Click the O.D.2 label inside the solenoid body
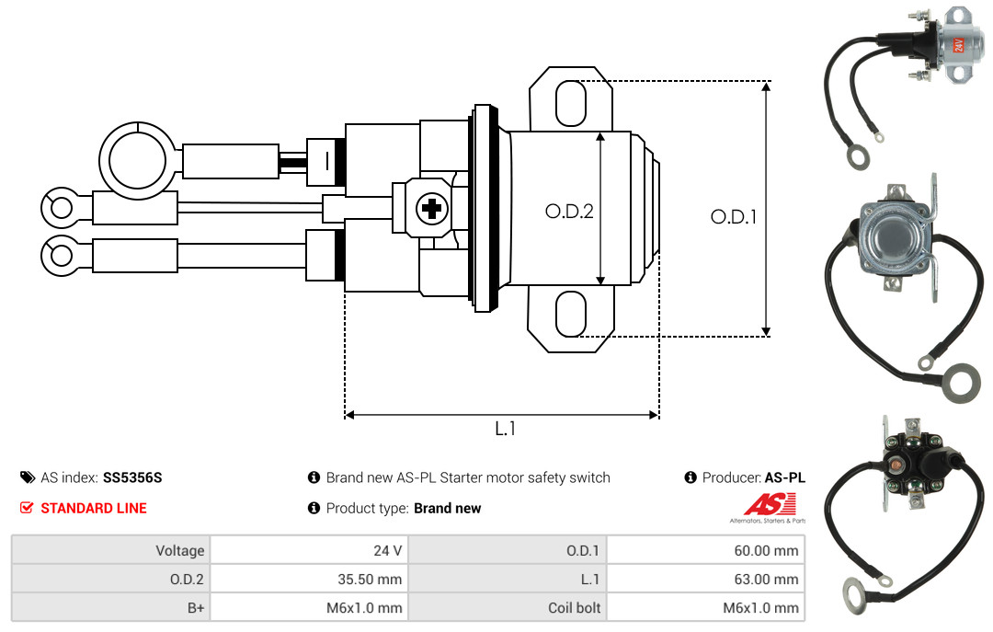[569, 211]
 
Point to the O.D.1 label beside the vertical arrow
[734, 217]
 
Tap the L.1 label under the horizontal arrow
[505, 429]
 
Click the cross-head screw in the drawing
[432, 208]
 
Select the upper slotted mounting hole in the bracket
[571, 103]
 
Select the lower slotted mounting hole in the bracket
[571, 314]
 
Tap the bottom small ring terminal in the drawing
[62, 256]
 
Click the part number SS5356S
[132, 477]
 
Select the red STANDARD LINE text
[94, 508]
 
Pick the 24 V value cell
[309, 550]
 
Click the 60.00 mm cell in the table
[705, 550]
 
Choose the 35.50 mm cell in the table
[309, 579]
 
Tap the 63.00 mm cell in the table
[705, 579]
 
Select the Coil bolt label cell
[508, 607]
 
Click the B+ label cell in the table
[111, 607]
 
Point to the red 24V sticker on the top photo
[959, 44]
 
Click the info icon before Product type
[314, 508]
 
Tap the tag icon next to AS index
[28, 477]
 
